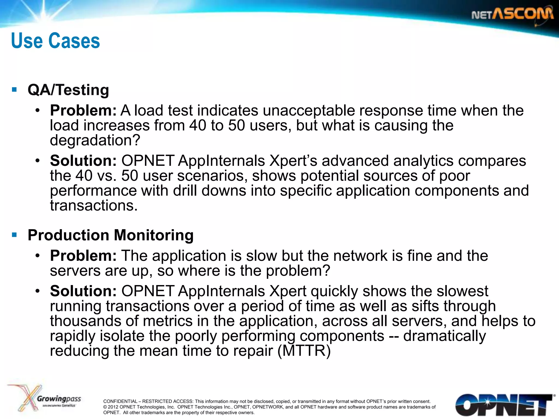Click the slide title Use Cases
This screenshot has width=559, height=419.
coord(56,41)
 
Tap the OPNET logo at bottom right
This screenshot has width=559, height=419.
coord(504,405)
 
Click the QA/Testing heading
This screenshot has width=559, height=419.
coord(68,90)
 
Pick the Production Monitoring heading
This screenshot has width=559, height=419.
coord(111,235)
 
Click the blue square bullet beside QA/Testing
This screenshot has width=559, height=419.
coord(14,89)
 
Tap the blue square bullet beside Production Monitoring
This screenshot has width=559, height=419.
coord(14,235)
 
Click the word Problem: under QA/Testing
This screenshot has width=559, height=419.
coord(83,110)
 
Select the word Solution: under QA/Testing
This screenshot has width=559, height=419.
coord(83,161)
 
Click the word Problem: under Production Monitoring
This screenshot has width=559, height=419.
coord(83,256)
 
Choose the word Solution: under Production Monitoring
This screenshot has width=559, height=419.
coord(83,291)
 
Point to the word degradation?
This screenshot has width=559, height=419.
coord(95,140)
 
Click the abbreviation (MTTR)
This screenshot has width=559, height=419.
coord(304,351)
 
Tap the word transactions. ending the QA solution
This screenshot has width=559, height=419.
coord(94,206)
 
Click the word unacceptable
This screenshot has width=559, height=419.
coord(309,110)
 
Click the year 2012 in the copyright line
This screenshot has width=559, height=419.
coord(113,407)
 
